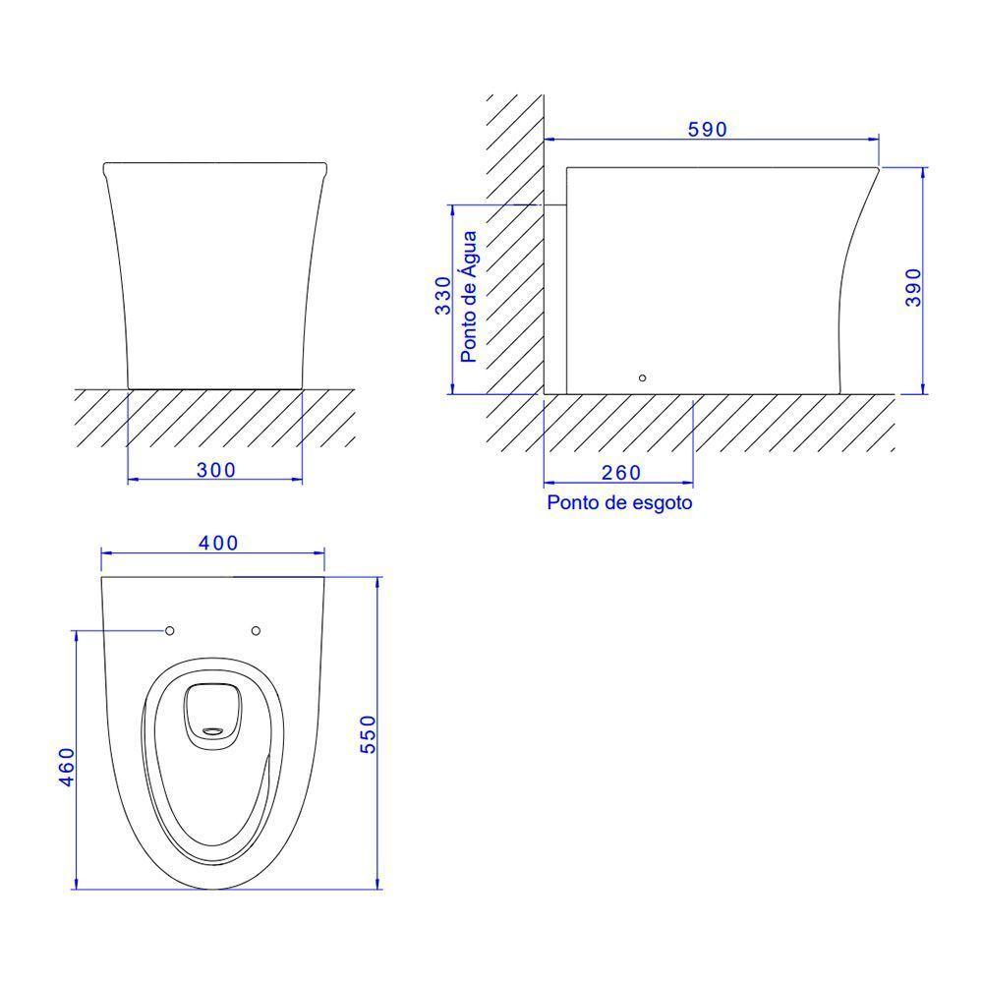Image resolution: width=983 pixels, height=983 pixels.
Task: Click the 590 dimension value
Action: [707, 129]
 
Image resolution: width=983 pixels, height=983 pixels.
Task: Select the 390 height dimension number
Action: [913, 287]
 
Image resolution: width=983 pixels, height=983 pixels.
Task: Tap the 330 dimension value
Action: [443, 295]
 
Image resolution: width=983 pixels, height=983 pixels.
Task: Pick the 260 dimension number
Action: [621, 473]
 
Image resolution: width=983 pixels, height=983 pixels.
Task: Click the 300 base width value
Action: [216, 470]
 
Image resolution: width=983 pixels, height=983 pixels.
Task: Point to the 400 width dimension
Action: [218, 543]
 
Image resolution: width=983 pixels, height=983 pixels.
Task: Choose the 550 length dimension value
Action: [368, 734]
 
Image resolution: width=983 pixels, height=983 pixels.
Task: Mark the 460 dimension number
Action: [67, 767]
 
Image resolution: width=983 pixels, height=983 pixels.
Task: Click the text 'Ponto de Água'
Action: [468, 297]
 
